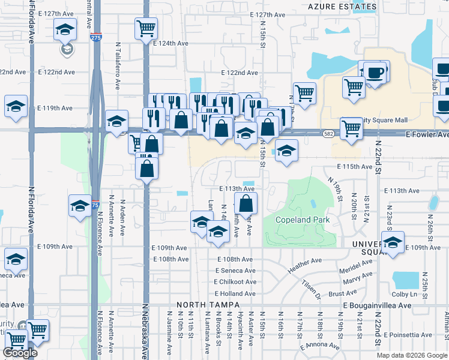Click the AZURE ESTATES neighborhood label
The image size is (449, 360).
point(342,7)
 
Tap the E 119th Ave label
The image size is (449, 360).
point(55,109)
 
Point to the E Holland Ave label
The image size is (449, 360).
point(235,293)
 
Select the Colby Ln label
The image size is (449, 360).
point(405,294)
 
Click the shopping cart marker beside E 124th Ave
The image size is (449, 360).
point(145,29)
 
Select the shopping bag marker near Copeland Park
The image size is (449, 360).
point(246,202)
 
